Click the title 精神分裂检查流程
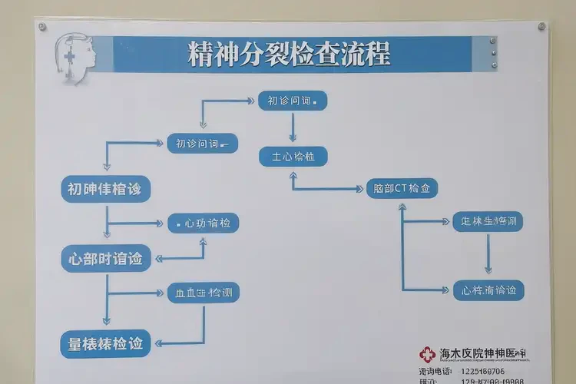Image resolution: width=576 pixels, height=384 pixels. (x=289, y=55)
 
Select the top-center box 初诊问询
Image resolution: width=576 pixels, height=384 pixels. (x=293, y=101)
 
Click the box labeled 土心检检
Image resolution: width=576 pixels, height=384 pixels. (x=293, y=157)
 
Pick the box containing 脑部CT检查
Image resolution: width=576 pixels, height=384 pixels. (x=402, y=188)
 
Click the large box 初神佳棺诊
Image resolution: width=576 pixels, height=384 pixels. (x=104, y=189)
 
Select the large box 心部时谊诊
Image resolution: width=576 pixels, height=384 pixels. (x=105, y=259)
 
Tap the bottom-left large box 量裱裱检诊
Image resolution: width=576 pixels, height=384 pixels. (x=105, y=344)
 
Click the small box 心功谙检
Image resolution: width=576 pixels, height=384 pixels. (x=203, y=223)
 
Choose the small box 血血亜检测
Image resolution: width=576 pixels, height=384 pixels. (x=203, y=293)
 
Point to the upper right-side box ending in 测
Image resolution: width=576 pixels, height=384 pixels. (x=488, y=222)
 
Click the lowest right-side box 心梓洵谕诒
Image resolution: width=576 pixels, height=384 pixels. (x=488, y=290)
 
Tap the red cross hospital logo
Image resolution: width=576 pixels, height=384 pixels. (x=427, y=354)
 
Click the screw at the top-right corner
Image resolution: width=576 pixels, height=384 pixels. (x=541, y=26)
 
